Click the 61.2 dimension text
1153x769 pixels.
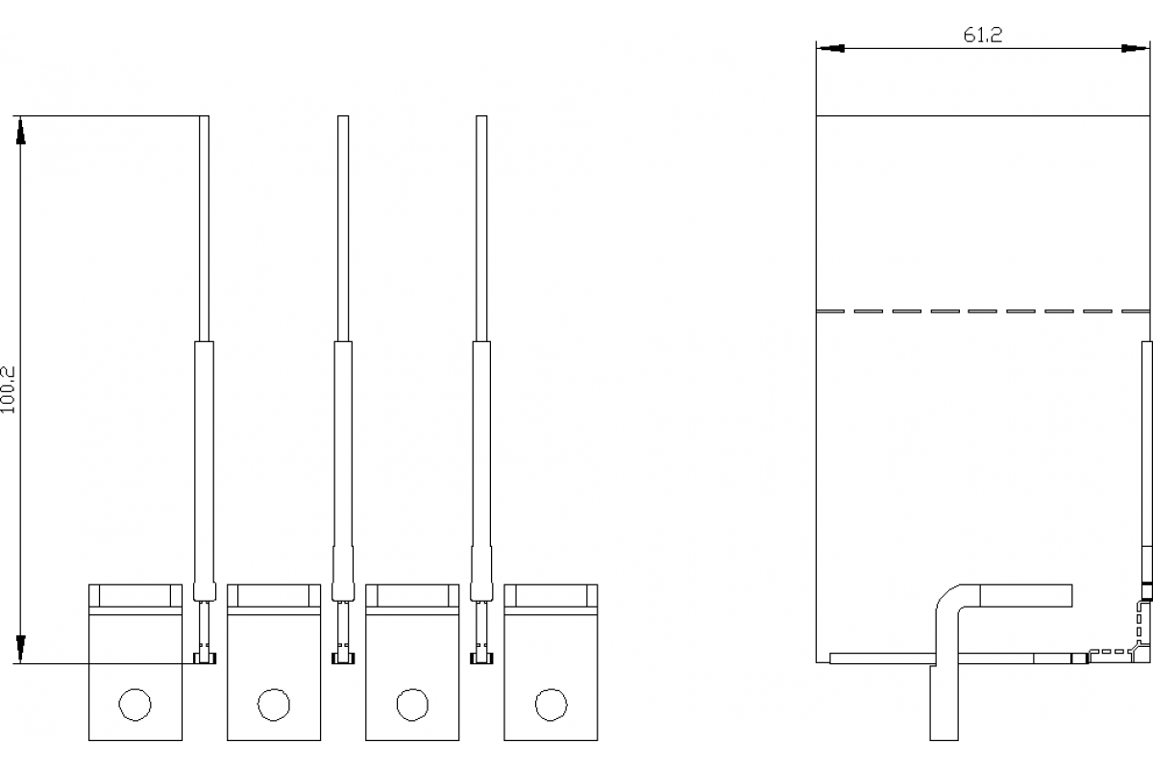click(982, 36)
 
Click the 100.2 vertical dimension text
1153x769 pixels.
click(9, 388)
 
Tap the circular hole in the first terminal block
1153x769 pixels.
click(135, 705)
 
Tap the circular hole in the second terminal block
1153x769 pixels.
click(274, 705)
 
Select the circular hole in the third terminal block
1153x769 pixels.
click(412, 705)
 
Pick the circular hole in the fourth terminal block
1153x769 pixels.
click(550, 705)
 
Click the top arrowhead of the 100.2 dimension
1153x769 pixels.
click(19, 130)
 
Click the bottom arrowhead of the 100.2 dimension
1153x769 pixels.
click(19, 649)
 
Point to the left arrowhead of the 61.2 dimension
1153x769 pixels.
click(830, 47)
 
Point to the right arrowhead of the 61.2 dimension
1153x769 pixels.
click(1135, 47)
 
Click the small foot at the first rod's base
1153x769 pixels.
click(204, 658)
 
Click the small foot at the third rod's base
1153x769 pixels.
click(480, 658)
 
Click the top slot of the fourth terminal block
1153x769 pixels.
click(551, 595)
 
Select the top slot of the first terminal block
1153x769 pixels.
click(135, 595)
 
